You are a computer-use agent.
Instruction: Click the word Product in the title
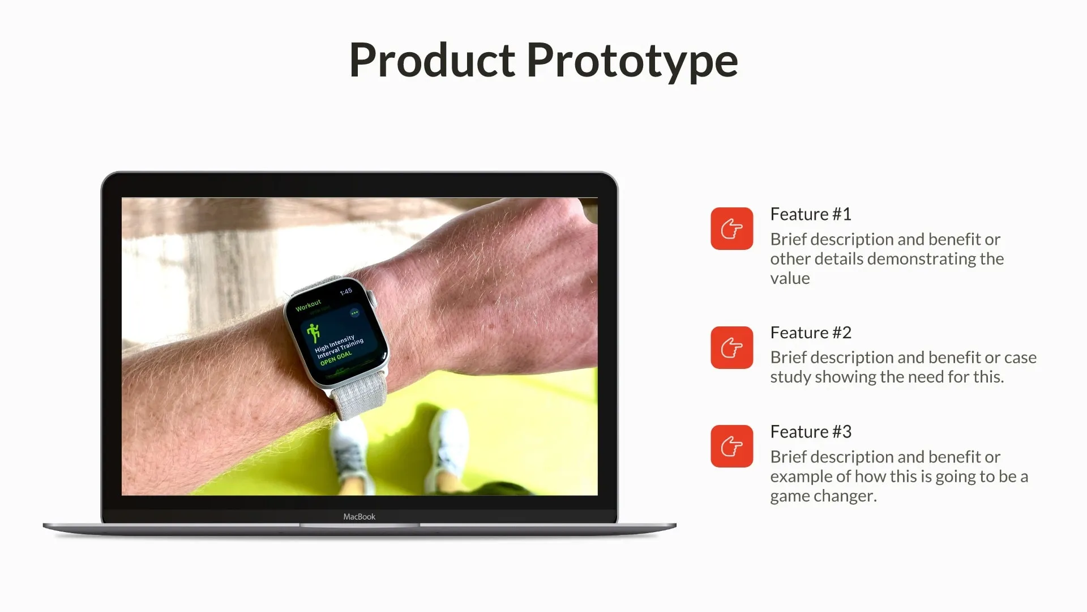coord(432,60)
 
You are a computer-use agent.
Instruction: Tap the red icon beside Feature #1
coord(731,229)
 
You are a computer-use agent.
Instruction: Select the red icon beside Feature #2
coord(731,347)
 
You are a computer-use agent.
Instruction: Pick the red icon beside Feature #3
coord(731,447)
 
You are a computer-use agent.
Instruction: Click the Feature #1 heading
coord(810,214)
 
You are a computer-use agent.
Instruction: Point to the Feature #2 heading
coord(810,333)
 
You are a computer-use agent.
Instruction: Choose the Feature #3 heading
coord(810,432)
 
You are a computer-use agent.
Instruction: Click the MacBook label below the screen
coord(359,517)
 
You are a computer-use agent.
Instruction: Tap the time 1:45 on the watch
coord(346,292)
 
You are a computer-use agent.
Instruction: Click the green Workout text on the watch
coord(308,305)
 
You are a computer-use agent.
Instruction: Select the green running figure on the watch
coord(313,333)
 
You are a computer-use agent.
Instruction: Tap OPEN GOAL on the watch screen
coord(336,358)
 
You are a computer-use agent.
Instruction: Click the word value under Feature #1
coord(790,278)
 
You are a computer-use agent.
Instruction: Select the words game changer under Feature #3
coord(823,496)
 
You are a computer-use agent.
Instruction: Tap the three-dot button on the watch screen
coord(354,313)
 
